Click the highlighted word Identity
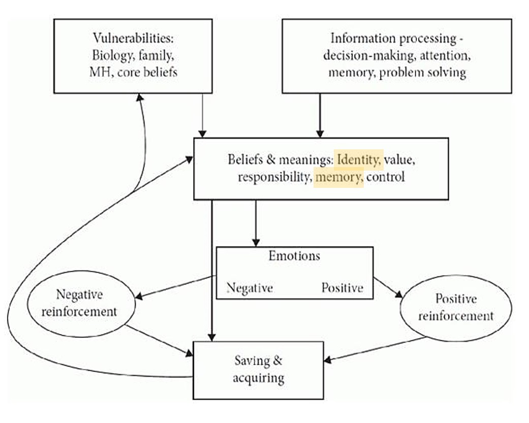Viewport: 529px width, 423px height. click(358, 160)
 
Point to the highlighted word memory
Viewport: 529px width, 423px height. click(338, 178)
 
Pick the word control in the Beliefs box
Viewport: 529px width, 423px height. click(386, 178)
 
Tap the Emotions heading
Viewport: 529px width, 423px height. click(294, 255)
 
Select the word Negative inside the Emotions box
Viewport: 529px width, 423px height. click(250, 288)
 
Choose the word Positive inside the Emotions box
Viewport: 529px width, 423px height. click(342, 288)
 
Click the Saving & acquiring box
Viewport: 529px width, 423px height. click(258, 369)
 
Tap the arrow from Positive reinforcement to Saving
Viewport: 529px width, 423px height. click(376, 349)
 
